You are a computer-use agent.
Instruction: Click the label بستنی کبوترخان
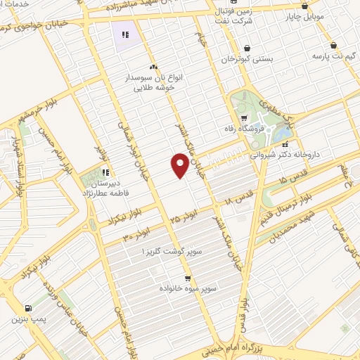coord(247,59)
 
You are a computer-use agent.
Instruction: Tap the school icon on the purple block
coord(125,34)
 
